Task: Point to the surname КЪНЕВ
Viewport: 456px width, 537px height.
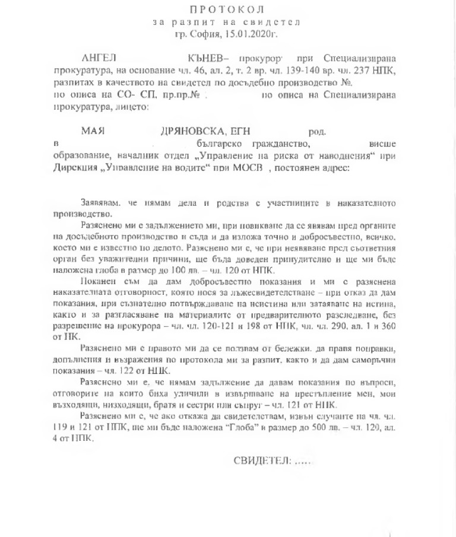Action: click(207, 60)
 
